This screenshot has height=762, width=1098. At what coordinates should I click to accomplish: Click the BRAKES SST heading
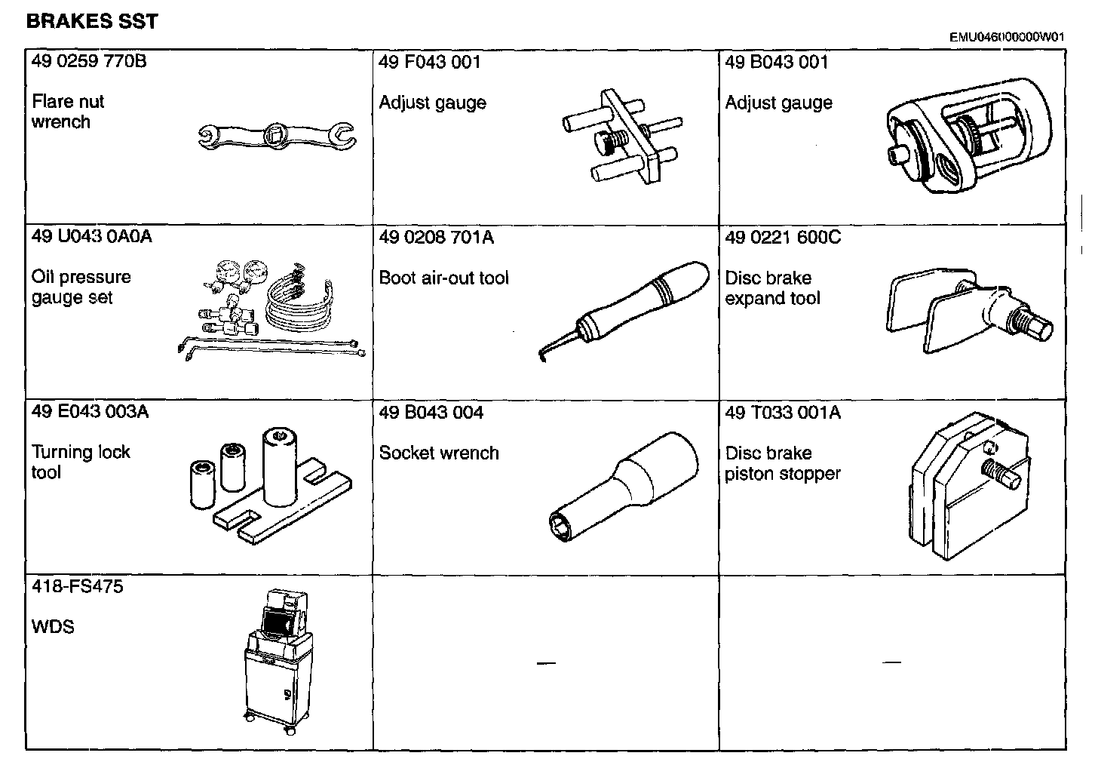(x=92, y=21)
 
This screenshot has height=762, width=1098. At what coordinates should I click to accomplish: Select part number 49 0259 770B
(x=89, y=61)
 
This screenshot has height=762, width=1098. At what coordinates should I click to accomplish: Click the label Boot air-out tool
(x=443, y=278)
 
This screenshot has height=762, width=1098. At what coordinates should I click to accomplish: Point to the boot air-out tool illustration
(x=626, y=309)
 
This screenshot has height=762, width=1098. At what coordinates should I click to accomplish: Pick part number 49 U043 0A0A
(x=91, y=236)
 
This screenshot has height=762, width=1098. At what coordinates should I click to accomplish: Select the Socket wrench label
(x=439, y=453)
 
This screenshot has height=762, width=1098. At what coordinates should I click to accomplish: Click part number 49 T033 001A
(x=783, y=412)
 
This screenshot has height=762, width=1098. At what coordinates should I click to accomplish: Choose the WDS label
(x=53, y=626)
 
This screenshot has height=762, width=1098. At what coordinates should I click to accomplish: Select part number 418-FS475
(x=77, y=586)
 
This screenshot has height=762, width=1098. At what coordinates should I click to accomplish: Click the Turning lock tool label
(x=81, y=462)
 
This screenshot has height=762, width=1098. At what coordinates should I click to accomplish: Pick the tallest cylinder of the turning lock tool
(x=280, y=468)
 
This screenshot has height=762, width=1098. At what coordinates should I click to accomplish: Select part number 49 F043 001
(x=429, y=62)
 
